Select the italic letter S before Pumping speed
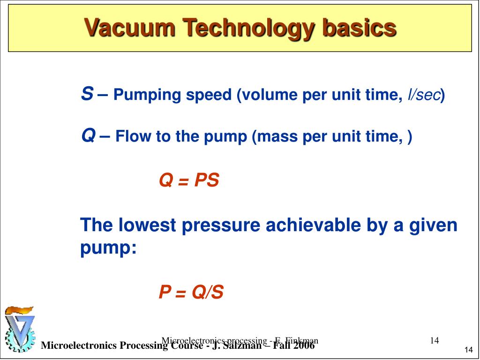[x=87, y=94]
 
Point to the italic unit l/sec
[x=424, y=95]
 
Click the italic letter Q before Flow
[x=88, y=136]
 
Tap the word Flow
[x=134, y=137]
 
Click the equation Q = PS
[x=189, y=180]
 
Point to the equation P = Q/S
[x=191, y=292]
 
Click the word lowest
[x=147, y=225]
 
